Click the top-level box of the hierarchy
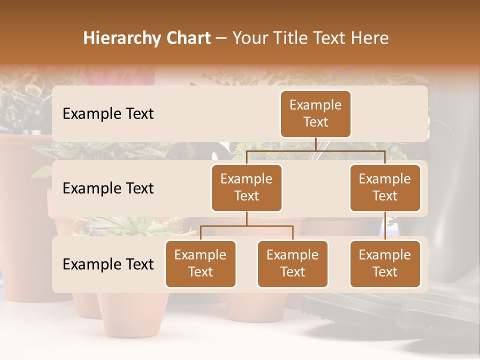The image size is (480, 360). coord(315,113)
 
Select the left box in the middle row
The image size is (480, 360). coord(246,187)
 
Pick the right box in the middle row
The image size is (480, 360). coord(385,187)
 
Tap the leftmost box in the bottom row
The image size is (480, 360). coord(200,263)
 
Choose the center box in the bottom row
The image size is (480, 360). coord(292,263)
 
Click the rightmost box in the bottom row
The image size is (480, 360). coord(385,263)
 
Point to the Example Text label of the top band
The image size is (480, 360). coord(108,114)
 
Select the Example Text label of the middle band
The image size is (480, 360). coord(108,188)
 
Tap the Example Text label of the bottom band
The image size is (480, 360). coord(108,264)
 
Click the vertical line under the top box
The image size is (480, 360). coord(315,144)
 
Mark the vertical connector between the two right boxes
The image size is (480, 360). coord(385,226)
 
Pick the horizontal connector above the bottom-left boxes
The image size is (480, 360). coord(246,226)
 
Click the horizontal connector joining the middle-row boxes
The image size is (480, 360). coord(315,150)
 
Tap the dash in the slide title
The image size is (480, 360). coord(221,38)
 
